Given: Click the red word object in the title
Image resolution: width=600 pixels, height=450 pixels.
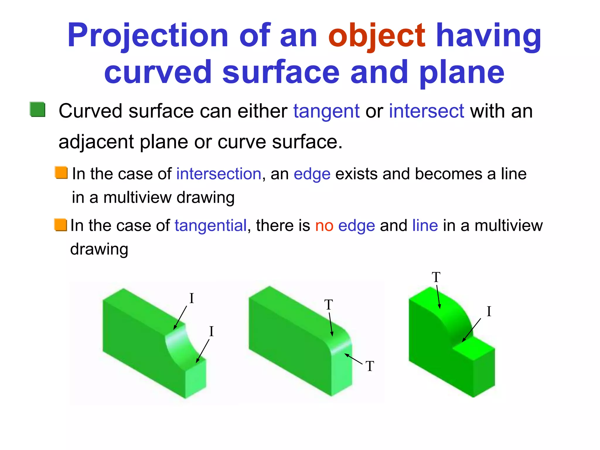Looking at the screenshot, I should click(x=376, y=36).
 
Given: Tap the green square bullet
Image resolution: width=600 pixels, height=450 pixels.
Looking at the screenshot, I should click(x=37, y=110).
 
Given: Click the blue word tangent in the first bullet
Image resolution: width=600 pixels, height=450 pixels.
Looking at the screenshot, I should click(x=326, y=112).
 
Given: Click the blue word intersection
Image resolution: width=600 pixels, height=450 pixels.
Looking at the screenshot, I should click(x=219, y=174).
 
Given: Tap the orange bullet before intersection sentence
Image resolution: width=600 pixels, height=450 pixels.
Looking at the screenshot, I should click(x=61, y=173).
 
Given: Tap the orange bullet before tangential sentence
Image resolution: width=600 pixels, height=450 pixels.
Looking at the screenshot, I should click(x=61, y=225).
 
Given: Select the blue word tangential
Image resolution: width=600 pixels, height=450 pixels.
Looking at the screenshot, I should click(x=211, y=226).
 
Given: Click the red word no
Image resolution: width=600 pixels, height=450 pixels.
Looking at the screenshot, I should click(x=324, y=226).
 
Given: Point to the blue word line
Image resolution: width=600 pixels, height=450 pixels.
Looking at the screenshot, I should click(x=425, y=226).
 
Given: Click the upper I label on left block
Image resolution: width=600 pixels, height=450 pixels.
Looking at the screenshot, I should click(x=192, y=299).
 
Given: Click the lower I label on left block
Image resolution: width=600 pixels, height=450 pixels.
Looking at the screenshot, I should click(x=211, y=332).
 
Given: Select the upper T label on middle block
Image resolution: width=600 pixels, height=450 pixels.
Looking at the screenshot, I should click(x=328, y=305).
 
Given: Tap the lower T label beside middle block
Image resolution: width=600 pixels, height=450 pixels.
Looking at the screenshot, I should click(x=370, y=367).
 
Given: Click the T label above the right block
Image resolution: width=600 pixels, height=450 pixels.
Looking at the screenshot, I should click(x=436, y=277).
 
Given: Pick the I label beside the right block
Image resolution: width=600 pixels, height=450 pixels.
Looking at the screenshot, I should click(x=489, y=311).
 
